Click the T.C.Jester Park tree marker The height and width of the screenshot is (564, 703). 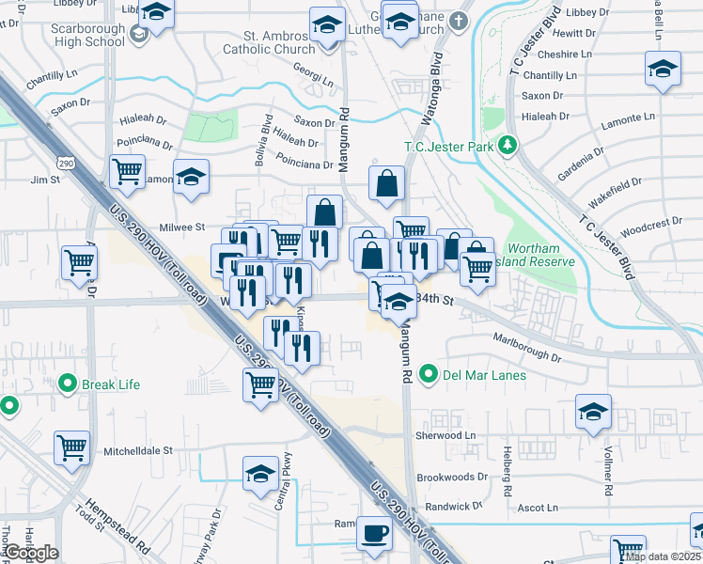coord(508,145)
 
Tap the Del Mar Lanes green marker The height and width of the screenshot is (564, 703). coord(430,375)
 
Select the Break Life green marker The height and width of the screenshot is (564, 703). coord(68,384)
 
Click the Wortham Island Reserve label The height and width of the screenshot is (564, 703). coord(539,255)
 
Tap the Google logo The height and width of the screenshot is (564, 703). coord(30,553)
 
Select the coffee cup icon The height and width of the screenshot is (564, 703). coord(374,532)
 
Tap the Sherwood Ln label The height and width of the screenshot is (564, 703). coord(445,436)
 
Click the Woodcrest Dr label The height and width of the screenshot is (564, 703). coord(651,223)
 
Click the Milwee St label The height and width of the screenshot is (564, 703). coord(182,227)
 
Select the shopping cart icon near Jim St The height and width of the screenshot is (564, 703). coord(126,171)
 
